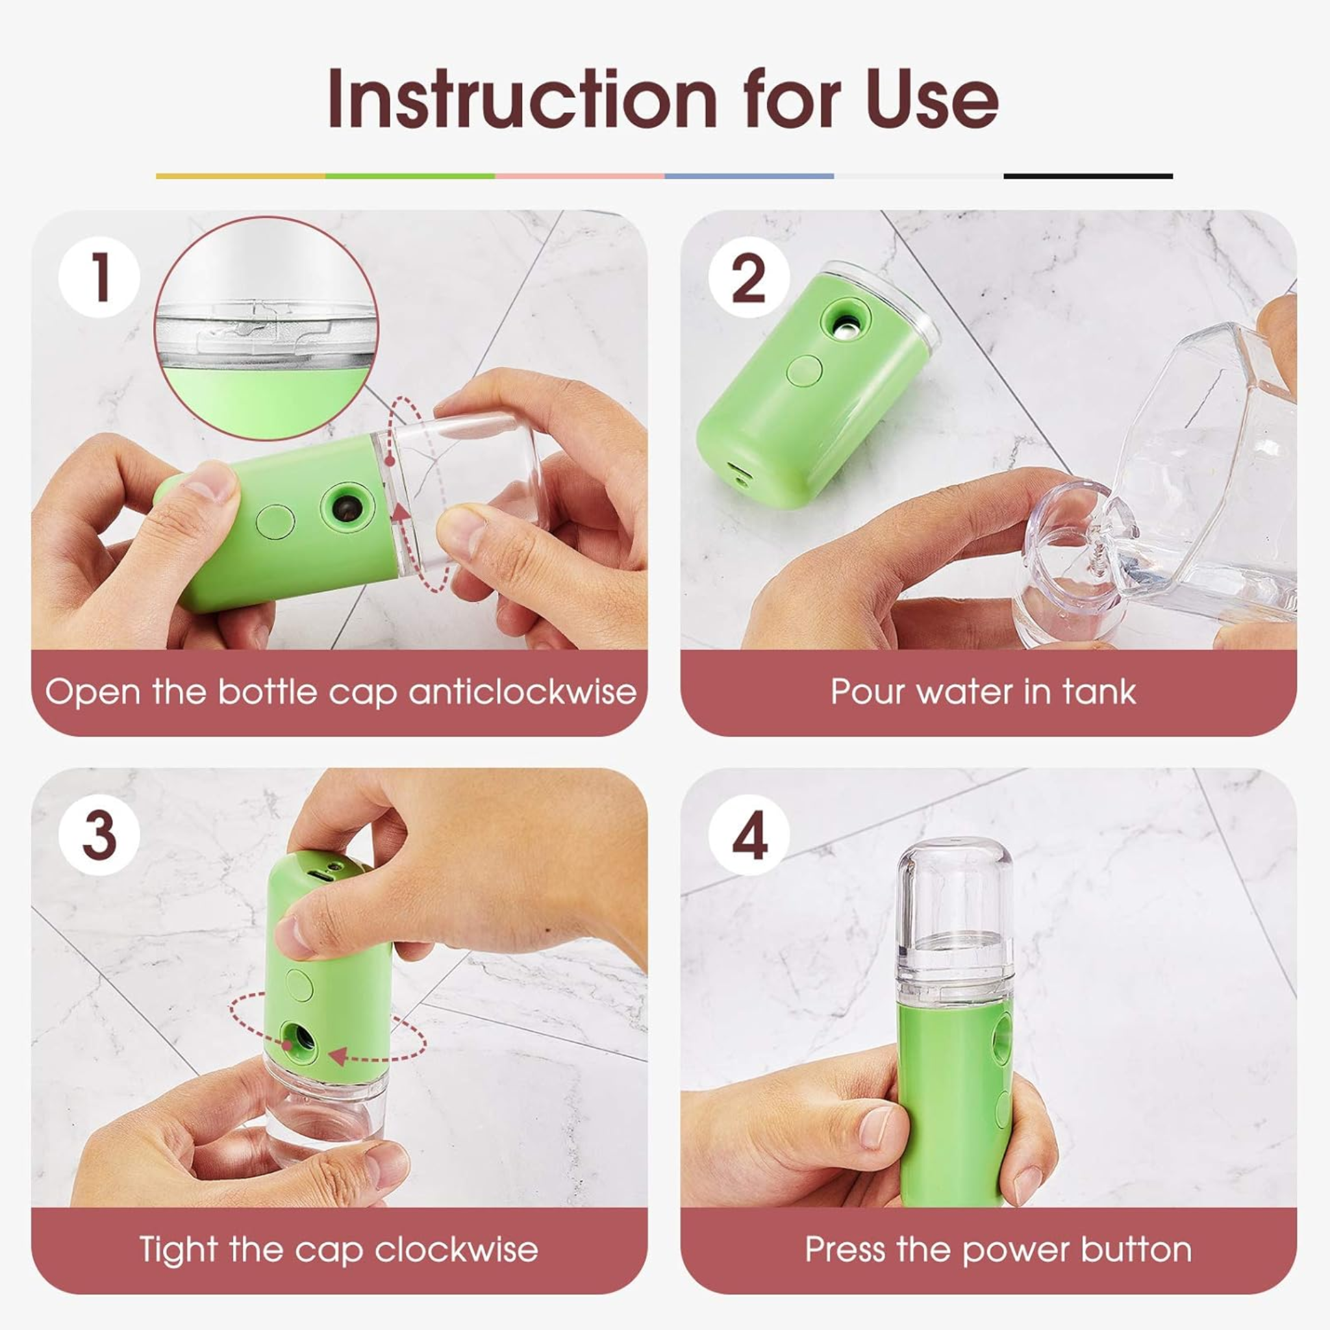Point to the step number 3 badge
pyautogui.click(x=100, y=835)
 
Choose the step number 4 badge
pyautogui.click(x=749, y=835)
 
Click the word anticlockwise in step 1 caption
pyautogui.click(x=523, y=692)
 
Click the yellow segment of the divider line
pyautogui.click(x=241, y=176)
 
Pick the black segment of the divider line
pyautogui.click(x=1088, y=176)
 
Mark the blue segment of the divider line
pyautogui.click(x=749, y=176)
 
